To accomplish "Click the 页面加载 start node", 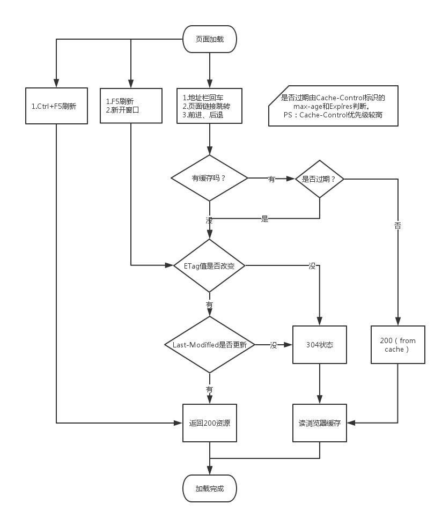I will (x=209, y=39).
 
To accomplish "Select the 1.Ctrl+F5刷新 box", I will (x=56, y=106).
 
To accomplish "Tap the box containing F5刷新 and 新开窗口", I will (x=131, y=106).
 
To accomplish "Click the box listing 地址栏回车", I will (x=209, y=106).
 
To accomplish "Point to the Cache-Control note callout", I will (x=333, y=106).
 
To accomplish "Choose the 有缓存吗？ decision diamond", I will (x=209, y=178).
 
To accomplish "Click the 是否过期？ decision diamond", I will (x=320, y=179).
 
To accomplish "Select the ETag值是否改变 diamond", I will (x=209, y=265).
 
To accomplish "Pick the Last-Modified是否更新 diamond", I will (x=209, y=345).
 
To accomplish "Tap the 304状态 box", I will (x=320, y=345).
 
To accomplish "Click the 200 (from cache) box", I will (x=397, y=345).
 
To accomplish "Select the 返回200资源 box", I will (x=209, y=422).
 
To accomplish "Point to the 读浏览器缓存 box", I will (x=320, y=422).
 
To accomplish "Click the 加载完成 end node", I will (x=209, y=488).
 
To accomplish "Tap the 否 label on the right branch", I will (x=397, y=226).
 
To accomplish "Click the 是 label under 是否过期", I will (x=264, y=219).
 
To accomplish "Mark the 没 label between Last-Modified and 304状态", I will (x=274, y=345).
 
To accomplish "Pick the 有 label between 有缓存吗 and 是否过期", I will (x=271, y=179).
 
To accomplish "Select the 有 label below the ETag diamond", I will (x=209, y=305).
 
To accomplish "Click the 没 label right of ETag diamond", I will (x=312, y=265).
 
